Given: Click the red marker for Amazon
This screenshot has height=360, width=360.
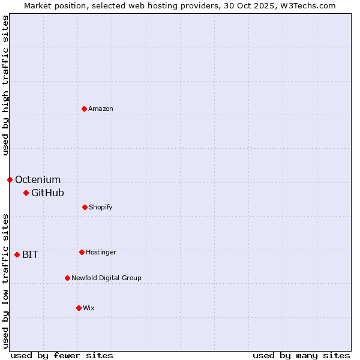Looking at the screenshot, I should (84, 109).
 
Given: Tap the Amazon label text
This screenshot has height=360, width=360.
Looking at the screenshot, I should (101, 109).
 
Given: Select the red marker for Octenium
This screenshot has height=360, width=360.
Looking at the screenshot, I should (10, 179).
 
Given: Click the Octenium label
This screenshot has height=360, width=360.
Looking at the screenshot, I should (38, 180).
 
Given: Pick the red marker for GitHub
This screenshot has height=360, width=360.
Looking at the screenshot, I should (26, 193).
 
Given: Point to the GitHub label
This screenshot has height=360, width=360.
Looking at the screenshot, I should (47, 193).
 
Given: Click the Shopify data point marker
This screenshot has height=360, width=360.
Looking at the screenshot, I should (85, 207).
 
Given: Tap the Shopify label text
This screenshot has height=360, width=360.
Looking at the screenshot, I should (101, 208).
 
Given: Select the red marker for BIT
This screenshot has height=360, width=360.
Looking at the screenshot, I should (17, 254).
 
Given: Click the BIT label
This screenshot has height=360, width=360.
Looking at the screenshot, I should (30, 255).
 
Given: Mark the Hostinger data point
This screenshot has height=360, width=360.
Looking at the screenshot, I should (82, 252).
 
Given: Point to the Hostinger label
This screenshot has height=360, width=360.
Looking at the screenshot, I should (101, 253).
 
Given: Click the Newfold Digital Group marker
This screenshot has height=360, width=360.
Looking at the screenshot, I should (67, 278).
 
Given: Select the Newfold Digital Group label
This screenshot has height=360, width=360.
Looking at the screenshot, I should (106, 278).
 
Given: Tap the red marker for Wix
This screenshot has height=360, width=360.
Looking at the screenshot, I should (79, 308).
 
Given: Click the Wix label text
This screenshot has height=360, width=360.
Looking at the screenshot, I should (89, 308).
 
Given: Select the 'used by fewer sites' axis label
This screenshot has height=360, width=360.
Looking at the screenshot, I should (62, 355).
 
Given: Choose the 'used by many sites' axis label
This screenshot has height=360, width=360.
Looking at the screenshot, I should (301, 355).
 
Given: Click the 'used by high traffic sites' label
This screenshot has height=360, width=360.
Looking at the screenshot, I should (6, 85).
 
